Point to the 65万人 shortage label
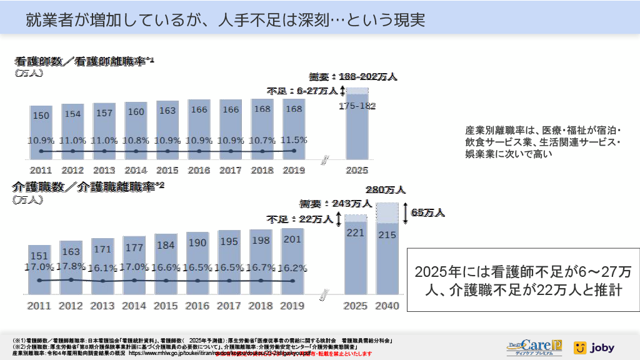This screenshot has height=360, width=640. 428,213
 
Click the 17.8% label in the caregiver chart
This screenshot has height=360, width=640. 71,266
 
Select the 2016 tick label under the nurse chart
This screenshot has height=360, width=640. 198,170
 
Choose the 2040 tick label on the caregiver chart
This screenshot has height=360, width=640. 387,306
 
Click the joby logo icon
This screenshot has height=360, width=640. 579,347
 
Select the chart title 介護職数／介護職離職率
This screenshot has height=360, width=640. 87,187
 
